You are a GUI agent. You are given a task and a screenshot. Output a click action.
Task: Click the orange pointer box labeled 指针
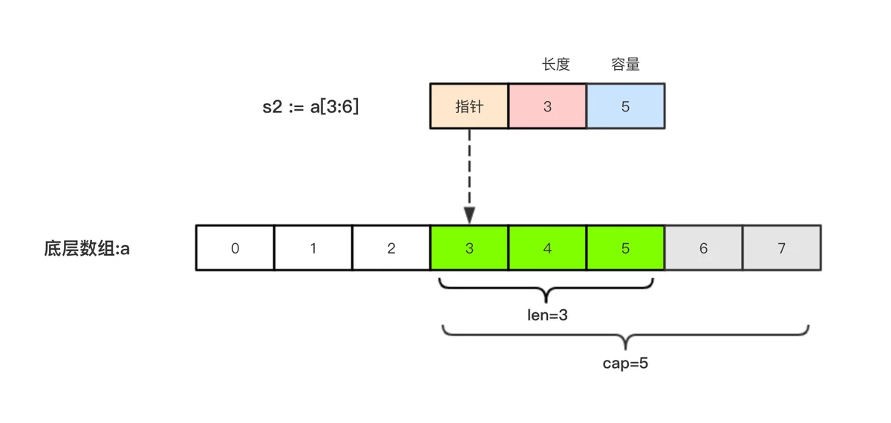[x=469, y=106]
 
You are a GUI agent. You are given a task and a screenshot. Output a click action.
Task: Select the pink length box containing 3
[x=547, y=106]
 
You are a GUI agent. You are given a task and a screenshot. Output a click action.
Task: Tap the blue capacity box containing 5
[x=625, y=106]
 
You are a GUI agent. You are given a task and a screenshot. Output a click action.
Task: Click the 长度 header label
[x=555, y=65]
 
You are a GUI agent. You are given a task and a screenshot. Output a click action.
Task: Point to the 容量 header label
[x=625, y=65]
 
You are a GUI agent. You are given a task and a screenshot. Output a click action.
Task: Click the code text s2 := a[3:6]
[x=310, y=106]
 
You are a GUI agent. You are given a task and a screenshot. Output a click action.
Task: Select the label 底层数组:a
[x=87, y=248]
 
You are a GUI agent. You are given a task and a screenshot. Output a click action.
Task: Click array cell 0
[x=235, y=248]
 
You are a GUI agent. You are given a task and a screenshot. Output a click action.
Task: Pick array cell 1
[x=313, y=248]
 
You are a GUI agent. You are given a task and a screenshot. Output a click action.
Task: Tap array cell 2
[x=391, y=248]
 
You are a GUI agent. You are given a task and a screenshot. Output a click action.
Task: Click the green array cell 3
[x=469, y=248]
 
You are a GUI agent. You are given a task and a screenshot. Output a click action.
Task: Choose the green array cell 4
[x=547, y=248]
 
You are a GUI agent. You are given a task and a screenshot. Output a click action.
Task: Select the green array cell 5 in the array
[x=625, y=248]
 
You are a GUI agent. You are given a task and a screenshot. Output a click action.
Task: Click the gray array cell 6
[x=703, y=248]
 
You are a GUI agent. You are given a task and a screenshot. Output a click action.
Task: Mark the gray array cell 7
[x=781, y=248]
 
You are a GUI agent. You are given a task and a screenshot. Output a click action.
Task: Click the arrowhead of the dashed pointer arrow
[x=469, y=216]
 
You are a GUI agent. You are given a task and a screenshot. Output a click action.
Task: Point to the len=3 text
[x=547, y=315]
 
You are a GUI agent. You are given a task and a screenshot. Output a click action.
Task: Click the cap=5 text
[x=625, y=364]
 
